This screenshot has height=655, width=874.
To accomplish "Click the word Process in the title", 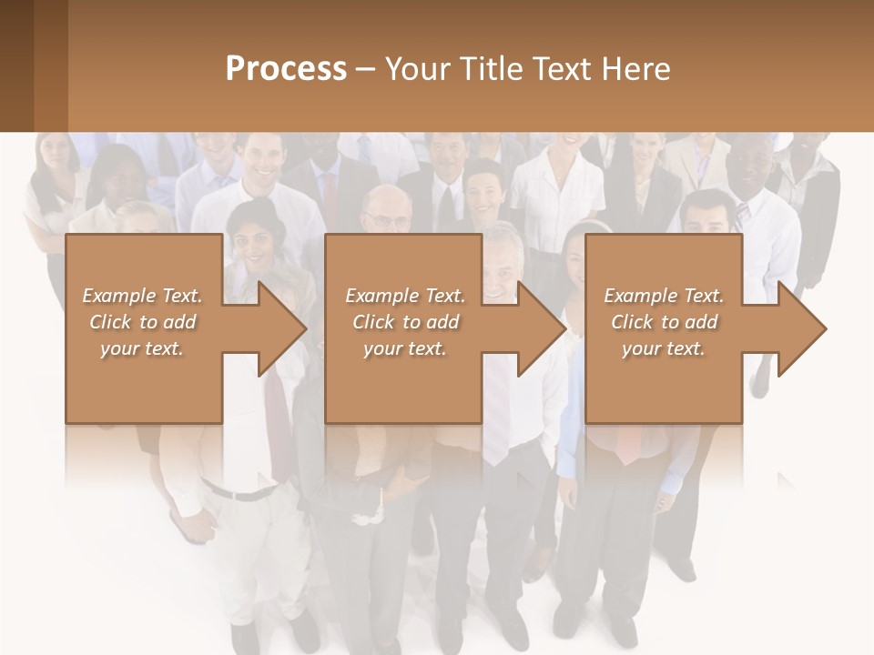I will click(286, 68).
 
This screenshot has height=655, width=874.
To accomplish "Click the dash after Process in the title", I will click(365, 70).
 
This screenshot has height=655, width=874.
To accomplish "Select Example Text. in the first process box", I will click(142, 296).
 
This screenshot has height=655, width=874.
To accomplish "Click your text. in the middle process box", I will click(404, 348).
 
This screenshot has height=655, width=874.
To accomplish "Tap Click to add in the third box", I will click(664, 322).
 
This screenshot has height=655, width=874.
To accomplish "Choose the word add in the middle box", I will click(442, 322).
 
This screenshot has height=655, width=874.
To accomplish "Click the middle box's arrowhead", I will click(542, 328).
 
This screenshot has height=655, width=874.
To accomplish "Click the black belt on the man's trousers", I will click(239, 492).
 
